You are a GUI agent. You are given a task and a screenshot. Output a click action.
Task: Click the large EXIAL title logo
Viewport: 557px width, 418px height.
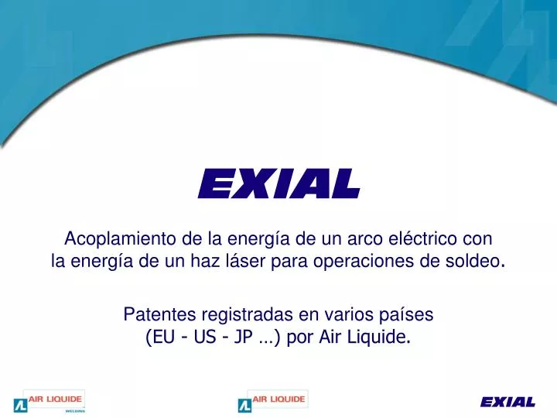[x=278, y=183]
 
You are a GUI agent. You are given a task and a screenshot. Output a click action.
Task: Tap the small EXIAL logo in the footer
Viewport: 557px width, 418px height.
[x=507, y=401]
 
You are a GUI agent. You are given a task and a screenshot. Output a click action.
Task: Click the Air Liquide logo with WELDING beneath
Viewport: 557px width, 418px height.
[x=50, y=401]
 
